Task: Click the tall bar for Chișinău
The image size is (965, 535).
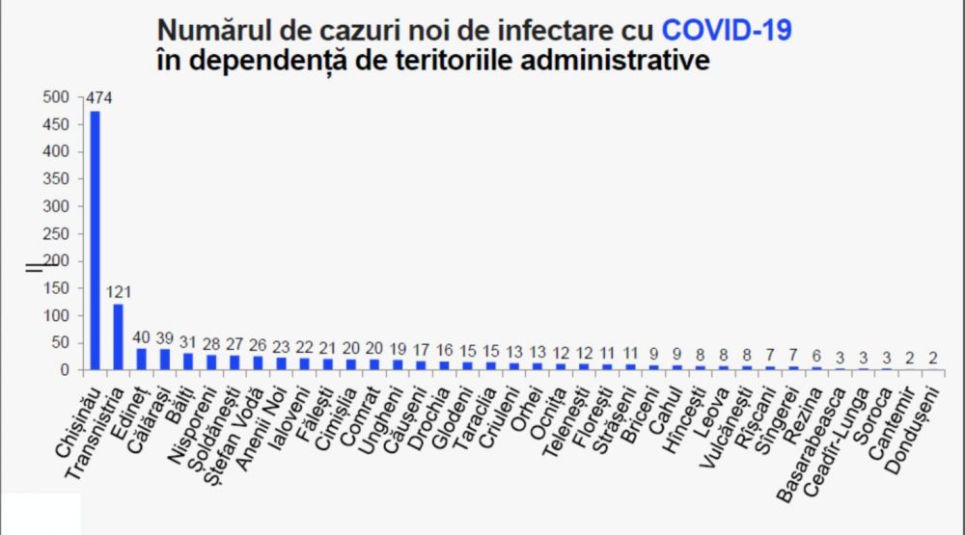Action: coord(95,241)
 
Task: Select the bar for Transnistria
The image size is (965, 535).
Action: coord(118,337)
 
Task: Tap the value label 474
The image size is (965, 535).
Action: coord(99,97)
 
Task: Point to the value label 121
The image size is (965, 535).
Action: coord(120,291)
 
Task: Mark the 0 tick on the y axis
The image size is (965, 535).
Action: coord(64,369)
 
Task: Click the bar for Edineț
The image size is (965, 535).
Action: coord(142,359)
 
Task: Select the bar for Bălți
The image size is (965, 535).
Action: coord(188,361)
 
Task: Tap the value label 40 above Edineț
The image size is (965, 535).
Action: coord(142,337)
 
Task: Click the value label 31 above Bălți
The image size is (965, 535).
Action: coord(188,342)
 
